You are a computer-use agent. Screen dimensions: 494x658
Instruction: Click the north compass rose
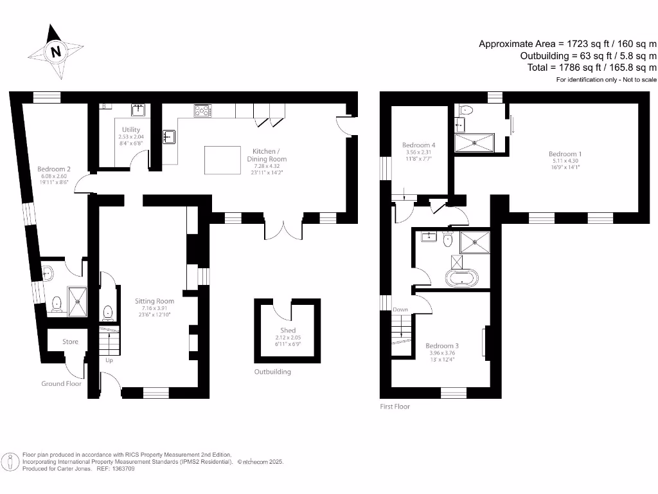[x=56, y=51]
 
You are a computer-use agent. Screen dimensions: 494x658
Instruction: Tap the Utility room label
[x=130, y=129]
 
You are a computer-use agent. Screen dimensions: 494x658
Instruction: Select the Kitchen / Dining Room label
[x=267, y=154]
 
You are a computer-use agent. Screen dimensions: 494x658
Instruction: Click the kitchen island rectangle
[x=223, y=160]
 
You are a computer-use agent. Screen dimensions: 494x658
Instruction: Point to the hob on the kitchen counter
[x=203, y=111]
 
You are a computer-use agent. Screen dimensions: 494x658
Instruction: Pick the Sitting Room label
[x=154, y=300]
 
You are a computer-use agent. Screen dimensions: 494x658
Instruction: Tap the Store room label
[x=70, y=342]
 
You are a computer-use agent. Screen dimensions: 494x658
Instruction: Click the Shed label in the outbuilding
[x=287, y=330]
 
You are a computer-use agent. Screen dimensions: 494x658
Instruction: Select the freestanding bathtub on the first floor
[x=461, y=278]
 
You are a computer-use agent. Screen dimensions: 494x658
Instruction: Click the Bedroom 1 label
[x=565, y=154]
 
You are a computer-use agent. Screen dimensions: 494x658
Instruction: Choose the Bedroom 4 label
[x=418, y=145]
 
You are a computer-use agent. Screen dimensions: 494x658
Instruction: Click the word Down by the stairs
[x=400, y=309]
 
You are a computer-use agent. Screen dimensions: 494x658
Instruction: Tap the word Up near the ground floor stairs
[x=109, y=360]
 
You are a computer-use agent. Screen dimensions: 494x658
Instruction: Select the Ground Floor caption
[x=61, y=383]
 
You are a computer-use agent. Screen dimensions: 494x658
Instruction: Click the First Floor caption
[x=395, y=407]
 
